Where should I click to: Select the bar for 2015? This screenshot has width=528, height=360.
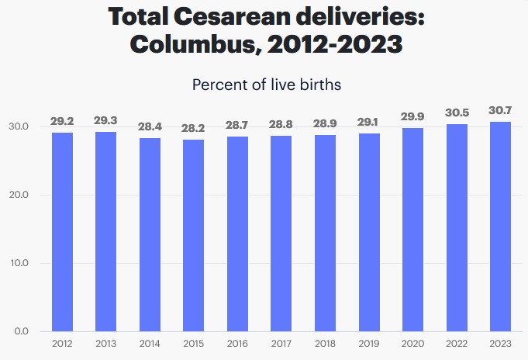point(194,235)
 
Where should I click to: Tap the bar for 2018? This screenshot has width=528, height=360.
point(325,233)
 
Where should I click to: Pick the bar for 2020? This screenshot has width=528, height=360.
point(412,230)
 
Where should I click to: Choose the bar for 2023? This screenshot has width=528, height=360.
point(500,227)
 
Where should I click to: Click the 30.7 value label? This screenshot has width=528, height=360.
point(500,112)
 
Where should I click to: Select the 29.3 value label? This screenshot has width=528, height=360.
point(106,122)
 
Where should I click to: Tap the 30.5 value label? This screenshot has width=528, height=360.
point(457,113)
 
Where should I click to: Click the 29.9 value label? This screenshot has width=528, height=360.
point(412,117)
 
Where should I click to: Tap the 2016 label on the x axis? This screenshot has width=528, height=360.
point(237,343)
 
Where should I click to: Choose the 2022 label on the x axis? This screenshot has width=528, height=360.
point(457,343)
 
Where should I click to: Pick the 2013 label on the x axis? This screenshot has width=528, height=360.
point(106,343)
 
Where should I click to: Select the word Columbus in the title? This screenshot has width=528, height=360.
point(192,44)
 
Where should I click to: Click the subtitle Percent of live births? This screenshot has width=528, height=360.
point(267,84)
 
